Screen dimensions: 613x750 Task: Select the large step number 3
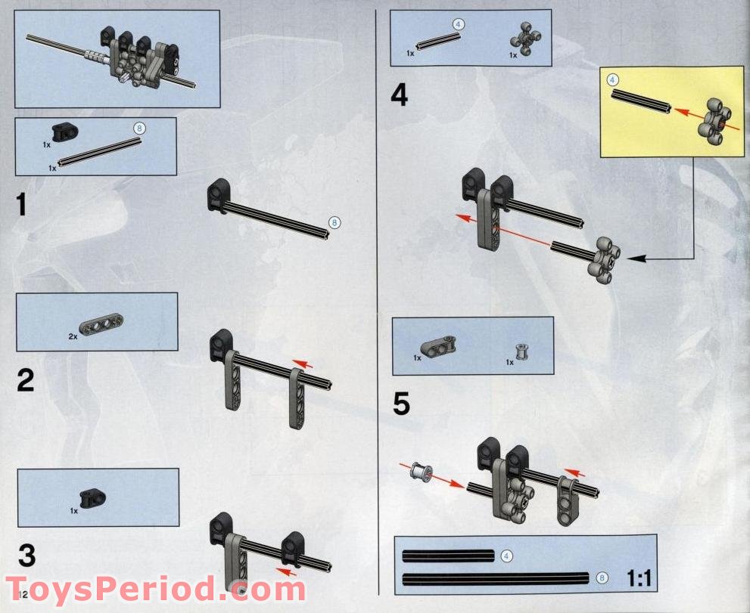(x=26, y=556)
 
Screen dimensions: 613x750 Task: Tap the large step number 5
(x=400, y=404)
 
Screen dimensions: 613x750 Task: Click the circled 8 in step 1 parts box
(x=138, y=128)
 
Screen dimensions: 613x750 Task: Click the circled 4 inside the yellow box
(x=613, y=79)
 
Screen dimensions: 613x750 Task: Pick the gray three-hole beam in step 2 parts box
(x=101, y=325)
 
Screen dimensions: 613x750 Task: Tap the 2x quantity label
(x=73, y=336)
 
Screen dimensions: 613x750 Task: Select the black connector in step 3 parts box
(x=95, y=497)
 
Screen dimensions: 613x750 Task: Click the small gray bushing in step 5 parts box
(x=521, y=351)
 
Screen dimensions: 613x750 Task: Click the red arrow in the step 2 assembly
(x=303, y=364)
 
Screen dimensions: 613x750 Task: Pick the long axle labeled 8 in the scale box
(x=496, y=579)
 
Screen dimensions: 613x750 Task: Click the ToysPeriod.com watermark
(x=155, y=588)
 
